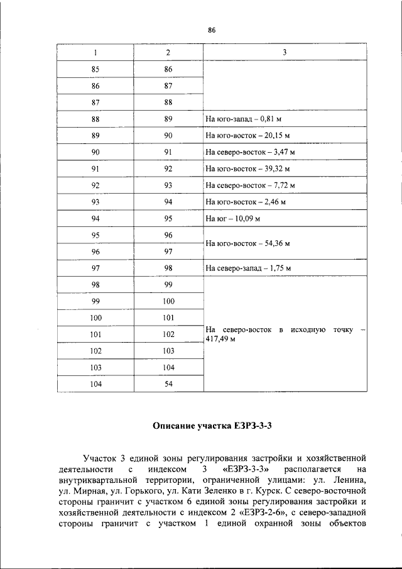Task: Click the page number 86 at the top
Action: click(x=212, y=30)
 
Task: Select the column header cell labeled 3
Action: click(x=284, y=52)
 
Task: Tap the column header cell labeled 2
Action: click(x=168, y=52)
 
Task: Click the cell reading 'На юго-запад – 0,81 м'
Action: click(x=244, y=119)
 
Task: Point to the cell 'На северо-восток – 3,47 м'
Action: click(x=250, y=152)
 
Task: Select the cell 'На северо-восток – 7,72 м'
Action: click(x=250, y=185)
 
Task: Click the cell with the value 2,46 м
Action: click(x=246, y=202)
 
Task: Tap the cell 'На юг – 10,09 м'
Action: click(x=233, y=219)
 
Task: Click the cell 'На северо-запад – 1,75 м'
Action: click(x=249, y=268)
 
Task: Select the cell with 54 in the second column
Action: click(x=168, y=384)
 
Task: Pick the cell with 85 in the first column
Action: click(x=95, y=69)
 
